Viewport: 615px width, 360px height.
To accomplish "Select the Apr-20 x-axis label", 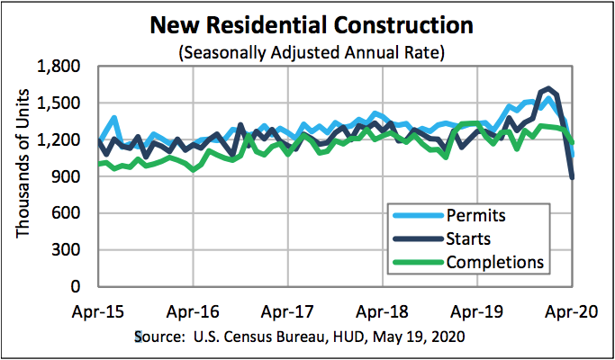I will (x=573, y=313).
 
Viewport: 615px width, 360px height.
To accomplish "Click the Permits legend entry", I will (x=475, y=216).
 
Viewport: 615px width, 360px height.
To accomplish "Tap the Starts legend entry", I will (x=470, y=238).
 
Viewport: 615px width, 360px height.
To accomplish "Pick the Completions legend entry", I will (x=494, y=262).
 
